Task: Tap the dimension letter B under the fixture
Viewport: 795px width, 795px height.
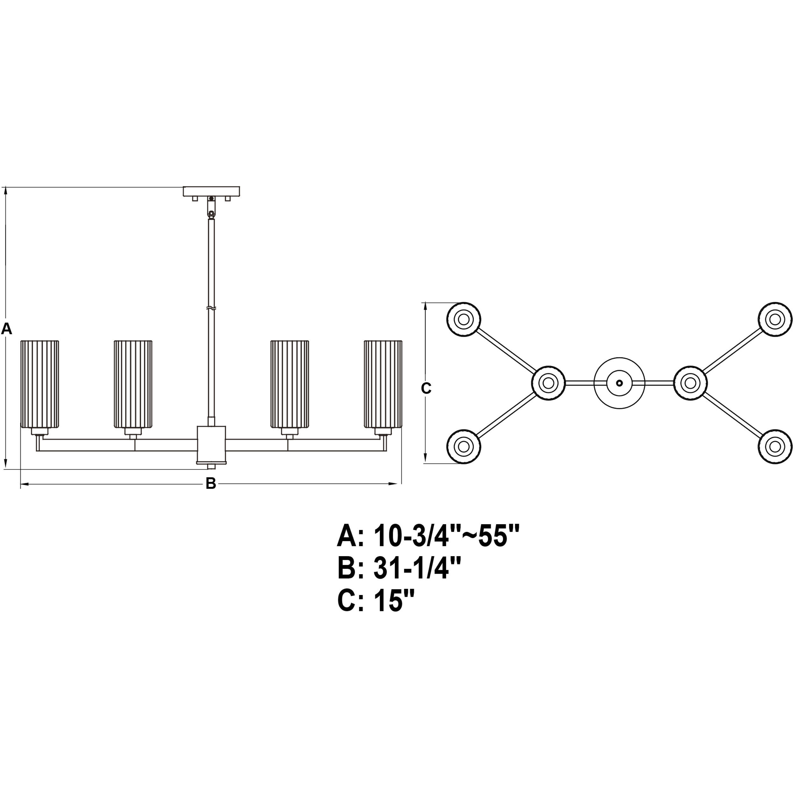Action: click(x=211, y=483)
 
